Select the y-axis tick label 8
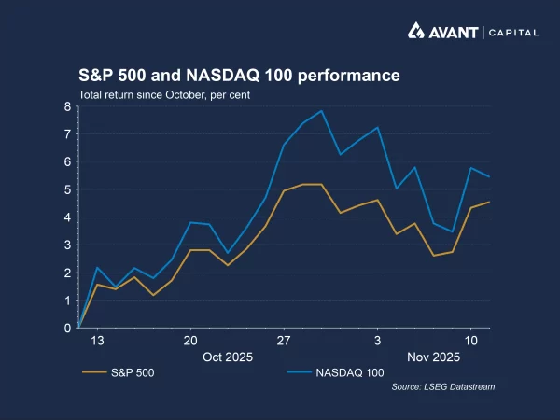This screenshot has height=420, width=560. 67,106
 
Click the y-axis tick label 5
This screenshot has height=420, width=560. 67,189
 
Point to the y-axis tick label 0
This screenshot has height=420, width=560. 67,329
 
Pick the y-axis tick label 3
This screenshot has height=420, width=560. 67,245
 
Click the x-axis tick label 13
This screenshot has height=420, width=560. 97,342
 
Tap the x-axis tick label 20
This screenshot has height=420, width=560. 190,342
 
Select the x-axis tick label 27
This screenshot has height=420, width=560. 284,342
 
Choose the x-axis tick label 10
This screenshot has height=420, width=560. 471,342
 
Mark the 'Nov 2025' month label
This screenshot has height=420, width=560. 433,357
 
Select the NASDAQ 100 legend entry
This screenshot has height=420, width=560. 322,373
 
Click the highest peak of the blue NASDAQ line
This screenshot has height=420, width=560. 322,111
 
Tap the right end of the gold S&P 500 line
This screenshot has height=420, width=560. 490,203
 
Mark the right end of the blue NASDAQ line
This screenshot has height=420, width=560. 490,176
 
